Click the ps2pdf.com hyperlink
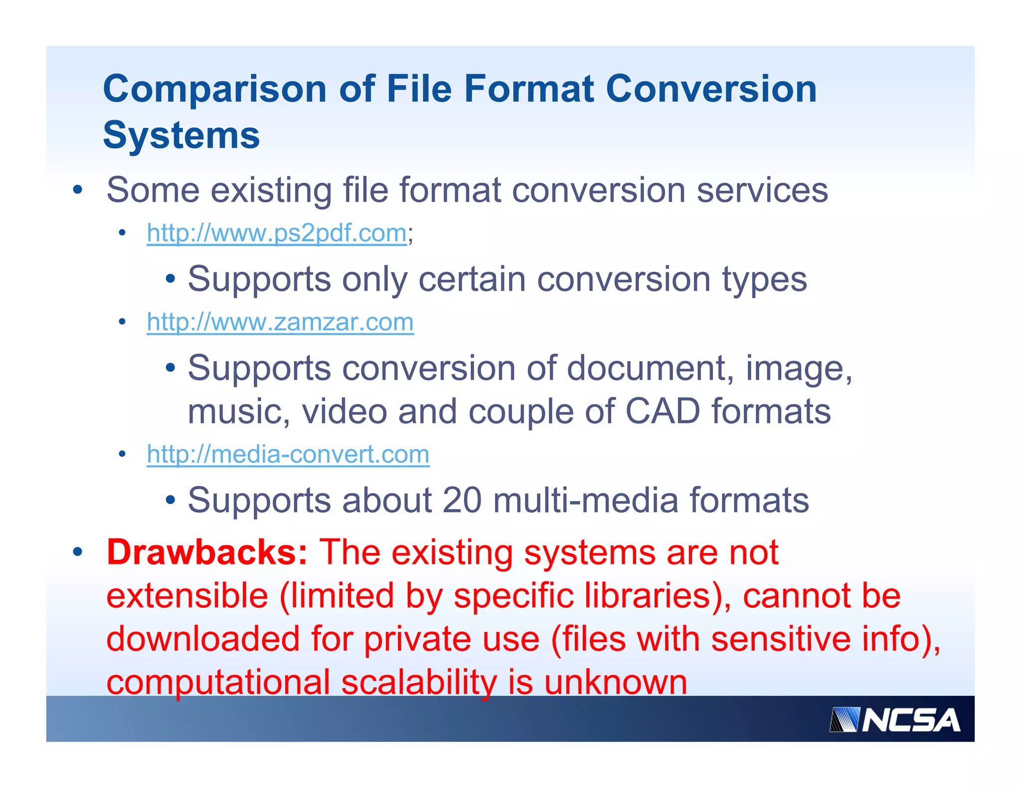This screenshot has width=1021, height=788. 277,233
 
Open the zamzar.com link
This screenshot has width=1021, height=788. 280,322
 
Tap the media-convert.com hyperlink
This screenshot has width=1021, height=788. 288,454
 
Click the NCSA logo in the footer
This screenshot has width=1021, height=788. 894,720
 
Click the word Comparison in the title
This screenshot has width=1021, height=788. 215,89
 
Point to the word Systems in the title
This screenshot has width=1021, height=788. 181,135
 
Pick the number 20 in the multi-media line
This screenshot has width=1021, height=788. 462,500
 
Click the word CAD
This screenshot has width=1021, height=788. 663,411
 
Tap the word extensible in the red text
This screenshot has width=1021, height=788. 187,596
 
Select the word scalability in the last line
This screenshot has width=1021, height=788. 419,682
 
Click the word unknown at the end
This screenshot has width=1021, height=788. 616,682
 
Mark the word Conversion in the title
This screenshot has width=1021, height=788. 711,89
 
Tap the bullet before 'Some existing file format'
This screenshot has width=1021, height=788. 77,190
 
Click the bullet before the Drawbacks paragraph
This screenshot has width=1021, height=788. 77,552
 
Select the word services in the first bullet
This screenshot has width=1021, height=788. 762,190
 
